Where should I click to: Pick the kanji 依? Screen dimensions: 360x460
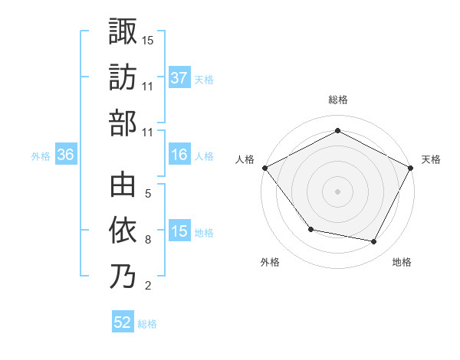(x=123, y=230)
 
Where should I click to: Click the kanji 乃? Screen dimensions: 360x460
(x=123, y=276)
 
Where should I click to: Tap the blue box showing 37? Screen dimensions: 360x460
(x=179, y=78)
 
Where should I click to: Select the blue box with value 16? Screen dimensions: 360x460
(x=179, y=155)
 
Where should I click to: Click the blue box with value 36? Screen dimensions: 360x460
(x=66, y=155)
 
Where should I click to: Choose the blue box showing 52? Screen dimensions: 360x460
(x=123, y=323)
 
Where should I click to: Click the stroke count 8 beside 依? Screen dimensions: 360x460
(x=148, y=240)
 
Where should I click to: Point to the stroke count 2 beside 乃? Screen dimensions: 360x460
(x=148, y=286)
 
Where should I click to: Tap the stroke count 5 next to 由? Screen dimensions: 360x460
(x=148, y=194)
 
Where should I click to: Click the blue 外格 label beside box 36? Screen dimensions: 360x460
(x=41, y=156)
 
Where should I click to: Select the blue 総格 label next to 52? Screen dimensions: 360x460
(x=147, y=324)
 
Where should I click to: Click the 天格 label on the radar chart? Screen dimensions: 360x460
(x=431, y=159)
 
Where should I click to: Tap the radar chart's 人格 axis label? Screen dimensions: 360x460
(x=245, y=159)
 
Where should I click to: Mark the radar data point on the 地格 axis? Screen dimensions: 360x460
(x=374, y=241)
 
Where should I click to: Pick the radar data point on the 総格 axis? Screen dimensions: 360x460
(x=337, y=131)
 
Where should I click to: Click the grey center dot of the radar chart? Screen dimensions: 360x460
(x=337, y=191)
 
